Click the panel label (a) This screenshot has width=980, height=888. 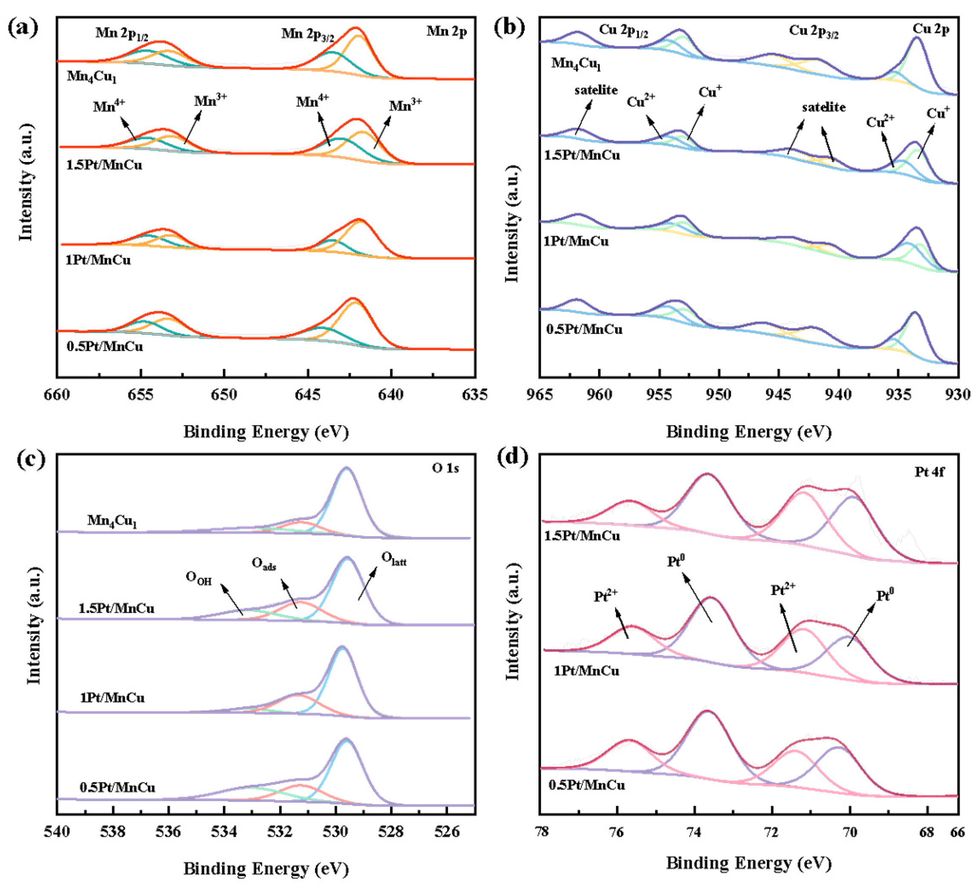click(23, 28)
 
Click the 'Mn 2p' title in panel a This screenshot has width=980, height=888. click(447, 32)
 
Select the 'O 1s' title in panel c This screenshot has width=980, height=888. click(445, 468)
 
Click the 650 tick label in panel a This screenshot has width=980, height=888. click(224, 395)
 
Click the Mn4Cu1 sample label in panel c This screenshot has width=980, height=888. click(112, 521)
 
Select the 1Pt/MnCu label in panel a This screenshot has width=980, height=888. click(98, 260)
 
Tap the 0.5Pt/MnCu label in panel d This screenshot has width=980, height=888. click(587, 785)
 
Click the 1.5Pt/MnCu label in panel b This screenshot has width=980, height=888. click(582, 155)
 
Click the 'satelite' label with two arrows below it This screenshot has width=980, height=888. click(824, 107)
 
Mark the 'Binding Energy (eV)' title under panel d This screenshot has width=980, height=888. click(749, 863)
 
